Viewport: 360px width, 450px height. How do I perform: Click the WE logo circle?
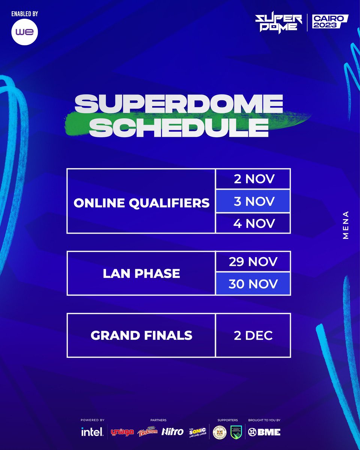[25, 32]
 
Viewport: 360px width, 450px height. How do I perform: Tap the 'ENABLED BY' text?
[25, 14]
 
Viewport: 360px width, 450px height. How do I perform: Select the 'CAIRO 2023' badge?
[328, 23]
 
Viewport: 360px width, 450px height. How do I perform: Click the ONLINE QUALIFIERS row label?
[141, 202]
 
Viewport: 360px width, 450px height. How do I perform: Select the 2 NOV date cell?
[253, 179]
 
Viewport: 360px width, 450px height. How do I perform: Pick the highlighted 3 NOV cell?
[253, 201]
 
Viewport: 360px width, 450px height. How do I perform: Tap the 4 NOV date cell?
[253, 223]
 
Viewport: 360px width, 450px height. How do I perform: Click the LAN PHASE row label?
[141, 273]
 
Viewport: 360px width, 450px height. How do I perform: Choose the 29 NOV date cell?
[253, 262]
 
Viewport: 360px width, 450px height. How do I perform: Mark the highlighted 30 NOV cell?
[253, 283]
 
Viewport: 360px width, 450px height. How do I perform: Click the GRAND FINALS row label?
[141, 335]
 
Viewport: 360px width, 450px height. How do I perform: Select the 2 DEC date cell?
[253, 335]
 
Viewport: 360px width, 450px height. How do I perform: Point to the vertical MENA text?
[346, 225]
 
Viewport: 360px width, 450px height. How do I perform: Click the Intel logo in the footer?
[92, 432]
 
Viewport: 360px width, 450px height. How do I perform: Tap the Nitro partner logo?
[172, 432]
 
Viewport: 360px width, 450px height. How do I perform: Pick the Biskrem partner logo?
[148, 432]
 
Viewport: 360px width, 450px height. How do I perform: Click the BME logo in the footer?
[264, 432]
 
